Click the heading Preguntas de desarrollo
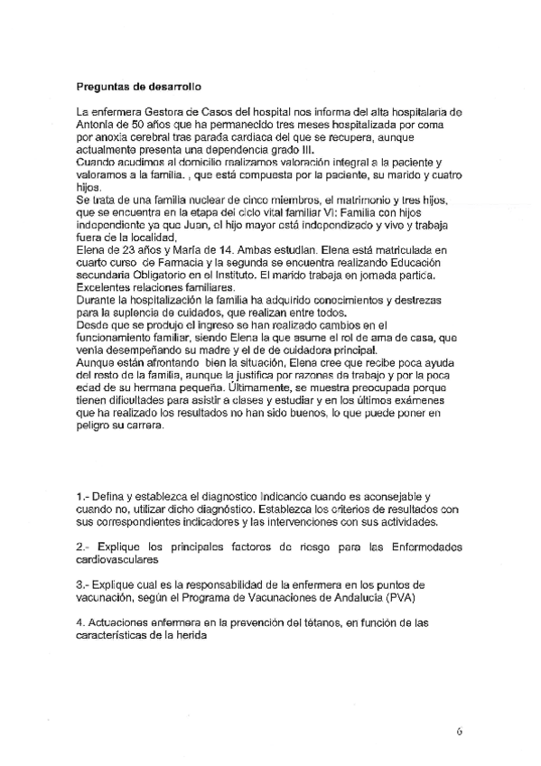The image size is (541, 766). point(138,87)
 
